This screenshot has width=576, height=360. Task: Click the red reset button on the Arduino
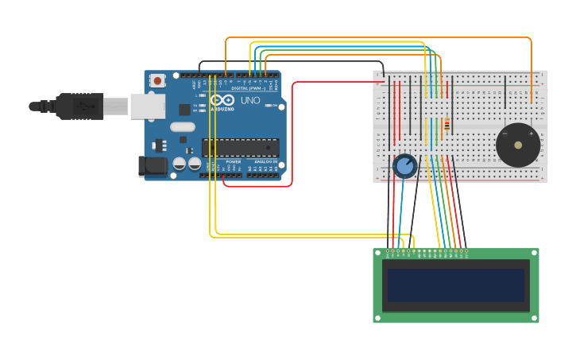click(x=157, y=80)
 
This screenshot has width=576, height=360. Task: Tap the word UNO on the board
click(x=250, y=101)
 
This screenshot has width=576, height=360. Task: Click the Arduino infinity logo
click(x=222, y=100)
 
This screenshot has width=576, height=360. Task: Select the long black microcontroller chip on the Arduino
click(x=240, y=147)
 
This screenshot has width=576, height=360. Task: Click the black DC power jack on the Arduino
click(x=153, y=166)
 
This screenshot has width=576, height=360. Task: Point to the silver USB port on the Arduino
click(x=148, y=106)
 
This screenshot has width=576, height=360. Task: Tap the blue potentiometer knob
click(x=405, y=166)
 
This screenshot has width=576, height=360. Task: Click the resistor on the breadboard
click(x=446, y=124)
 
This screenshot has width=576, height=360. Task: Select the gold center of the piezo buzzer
click(x=518, y=145)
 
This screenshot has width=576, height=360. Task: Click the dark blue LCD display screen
click(x=455, y=285)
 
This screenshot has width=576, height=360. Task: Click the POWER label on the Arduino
click(x=234, y=161)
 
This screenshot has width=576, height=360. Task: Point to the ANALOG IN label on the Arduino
click(x=266, y=161)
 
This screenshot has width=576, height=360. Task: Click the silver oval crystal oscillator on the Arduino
click(x=183, y=126)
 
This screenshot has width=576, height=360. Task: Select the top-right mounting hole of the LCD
click(x=534, y=254)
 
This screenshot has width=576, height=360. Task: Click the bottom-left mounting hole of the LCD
click(x=378, y=318)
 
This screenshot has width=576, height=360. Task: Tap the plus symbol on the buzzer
click(x=532, y=134)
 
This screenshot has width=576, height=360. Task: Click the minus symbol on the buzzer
click(x=504, y=134)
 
